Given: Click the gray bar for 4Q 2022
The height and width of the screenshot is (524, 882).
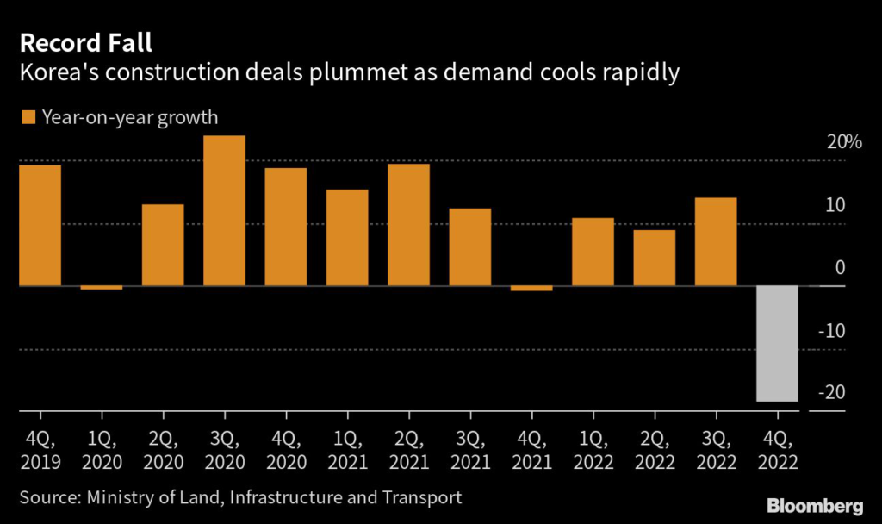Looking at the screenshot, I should (x=777, y=343).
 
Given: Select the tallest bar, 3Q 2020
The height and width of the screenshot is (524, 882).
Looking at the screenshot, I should (x=224, y=210).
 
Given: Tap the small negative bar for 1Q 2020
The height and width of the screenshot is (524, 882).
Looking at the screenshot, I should (x=102, y=288).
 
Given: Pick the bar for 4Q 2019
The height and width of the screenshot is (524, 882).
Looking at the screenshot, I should (x=40, y=225).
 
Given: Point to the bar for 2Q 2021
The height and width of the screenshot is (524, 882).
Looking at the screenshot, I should (x=408, y=224).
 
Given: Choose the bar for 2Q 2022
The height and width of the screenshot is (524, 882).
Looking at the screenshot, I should (x=655, y=258).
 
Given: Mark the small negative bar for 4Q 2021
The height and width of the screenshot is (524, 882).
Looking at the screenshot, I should (x=531, y=289).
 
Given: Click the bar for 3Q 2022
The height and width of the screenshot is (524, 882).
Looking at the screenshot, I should (x=716, y=241).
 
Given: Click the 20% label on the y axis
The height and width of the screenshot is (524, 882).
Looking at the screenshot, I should (x=844, y=142).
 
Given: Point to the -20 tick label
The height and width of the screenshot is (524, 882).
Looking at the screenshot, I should (x=834, y=392).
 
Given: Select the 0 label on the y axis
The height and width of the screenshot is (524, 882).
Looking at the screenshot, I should (x=841, y=267).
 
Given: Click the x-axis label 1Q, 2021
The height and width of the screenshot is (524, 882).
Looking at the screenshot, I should (x=347, y=449).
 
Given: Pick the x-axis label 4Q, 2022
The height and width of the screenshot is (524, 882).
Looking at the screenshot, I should (x=777, y=449).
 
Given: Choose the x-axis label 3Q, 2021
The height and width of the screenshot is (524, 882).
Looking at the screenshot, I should (x=470, y=449).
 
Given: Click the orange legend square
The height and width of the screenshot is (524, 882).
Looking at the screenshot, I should (x=28, y=117).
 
